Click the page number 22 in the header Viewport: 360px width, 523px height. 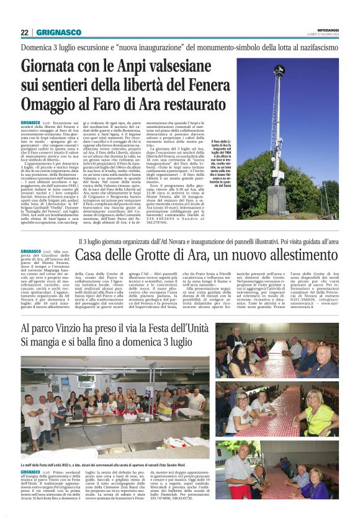[25, 32]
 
